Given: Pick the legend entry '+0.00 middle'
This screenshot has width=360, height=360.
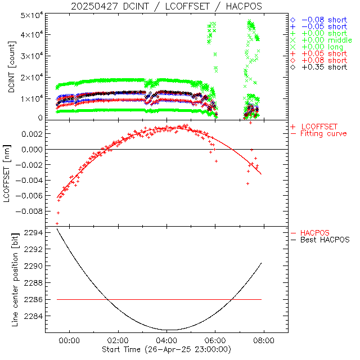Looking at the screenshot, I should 325,40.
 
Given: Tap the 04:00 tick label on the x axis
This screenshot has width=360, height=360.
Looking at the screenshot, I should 166,340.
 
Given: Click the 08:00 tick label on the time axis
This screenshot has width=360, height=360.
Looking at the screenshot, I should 264,340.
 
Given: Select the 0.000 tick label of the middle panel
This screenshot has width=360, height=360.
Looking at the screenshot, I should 32,150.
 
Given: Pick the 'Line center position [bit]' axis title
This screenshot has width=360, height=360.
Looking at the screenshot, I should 12,280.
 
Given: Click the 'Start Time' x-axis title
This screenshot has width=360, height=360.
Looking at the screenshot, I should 166,350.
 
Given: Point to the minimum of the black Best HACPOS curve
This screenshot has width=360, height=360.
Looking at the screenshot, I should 167,330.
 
